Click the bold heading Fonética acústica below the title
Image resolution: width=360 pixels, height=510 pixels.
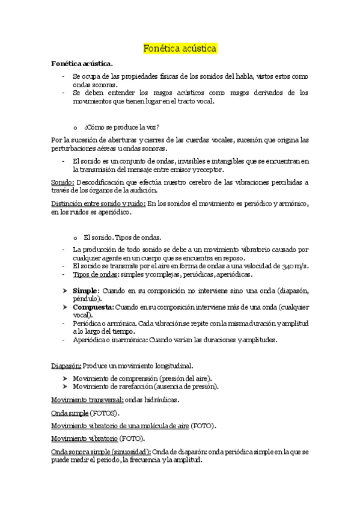click(82, 63)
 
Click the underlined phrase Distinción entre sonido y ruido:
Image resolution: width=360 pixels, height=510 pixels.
click(97, 204)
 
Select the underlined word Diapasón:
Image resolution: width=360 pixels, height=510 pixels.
click(66, 365)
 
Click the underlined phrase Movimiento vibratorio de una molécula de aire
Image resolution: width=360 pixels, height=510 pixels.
click(120, 425)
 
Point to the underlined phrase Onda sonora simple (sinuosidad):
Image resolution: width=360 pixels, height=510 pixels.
click(101, 451)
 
